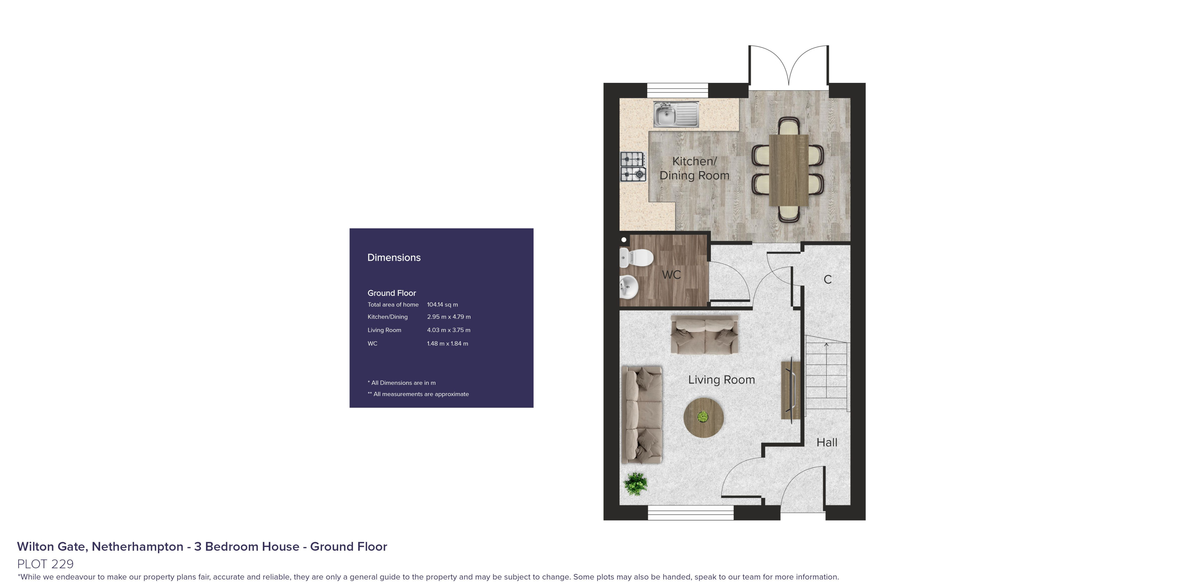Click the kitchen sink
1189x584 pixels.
click(x=676, y=114)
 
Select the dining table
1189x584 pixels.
click(x=788, y=170)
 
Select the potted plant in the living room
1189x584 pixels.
click(x=636, y=484)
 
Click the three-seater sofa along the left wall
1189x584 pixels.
click(x=642, y=414)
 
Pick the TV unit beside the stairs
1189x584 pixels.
click(x=790, y=390)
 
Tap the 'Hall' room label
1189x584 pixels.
click(x=827, y=442)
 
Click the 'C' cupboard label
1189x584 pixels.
click(x=828, y=279)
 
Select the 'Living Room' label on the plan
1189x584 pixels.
click(x=721, y=380)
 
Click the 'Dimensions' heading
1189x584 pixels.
click(x=394, y=258)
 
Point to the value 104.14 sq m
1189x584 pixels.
click(x=442, y=305)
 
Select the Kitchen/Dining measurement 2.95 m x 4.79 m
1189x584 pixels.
click(x=449, y=317)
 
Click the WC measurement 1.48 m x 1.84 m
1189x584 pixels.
click(x=447, y=343)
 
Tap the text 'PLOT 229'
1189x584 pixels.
click(x=45, y=564)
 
